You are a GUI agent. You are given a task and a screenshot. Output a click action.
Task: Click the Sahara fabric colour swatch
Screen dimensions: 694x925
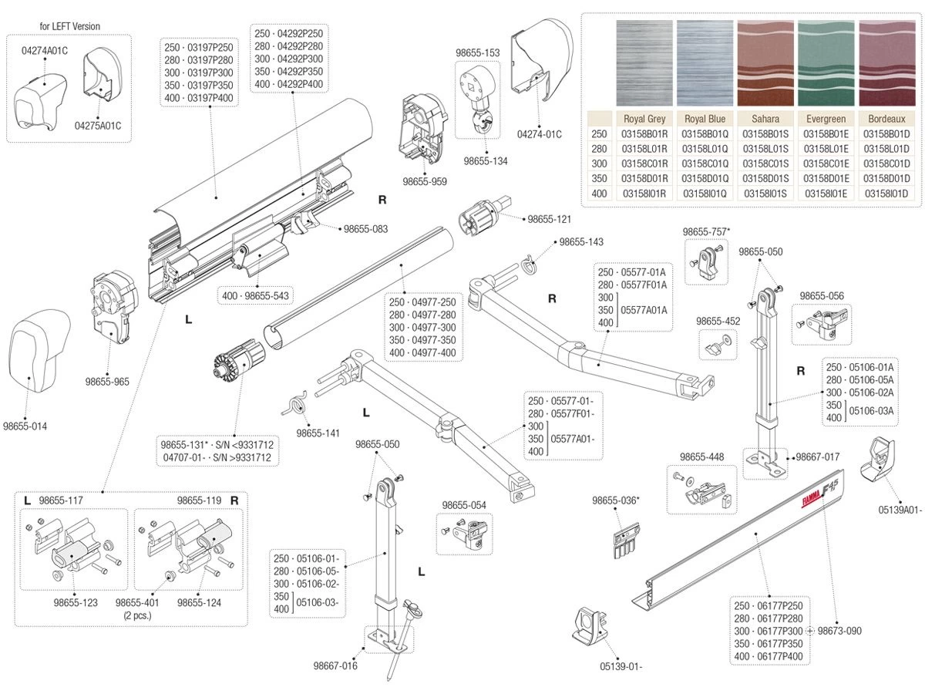(765, 63)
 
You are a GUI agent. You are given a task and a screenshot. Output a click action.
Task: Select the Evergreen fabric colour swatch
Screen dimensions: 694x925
(826, 63)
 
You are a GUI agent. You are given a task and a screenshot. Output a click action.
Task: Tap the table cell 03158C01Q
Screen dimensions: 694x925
(705, 163)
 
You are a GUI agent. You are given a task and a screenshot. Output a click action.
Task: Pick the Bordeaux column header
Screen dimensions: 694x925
(886, 119)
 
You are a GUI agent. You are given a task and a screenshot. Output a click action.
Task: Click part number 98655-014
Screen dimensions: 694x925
(28, 426)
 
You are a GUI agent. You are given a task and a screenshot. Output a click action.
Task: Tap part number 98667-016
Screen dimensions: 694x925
(335, 665)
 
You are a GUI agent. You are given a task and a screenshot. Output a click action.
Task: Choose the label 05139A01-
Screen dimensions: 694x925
(900, 510)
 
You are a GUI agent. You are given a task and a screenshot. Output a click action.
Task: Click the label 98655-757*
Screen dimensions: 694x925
(706, 231)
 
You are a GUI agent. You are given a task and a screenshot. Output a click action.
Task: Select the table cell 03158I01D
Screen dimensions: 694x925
(886, 193)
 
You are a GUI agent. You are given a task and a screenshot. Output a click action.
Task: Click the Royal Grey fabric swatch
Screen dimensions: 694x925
(644, 63)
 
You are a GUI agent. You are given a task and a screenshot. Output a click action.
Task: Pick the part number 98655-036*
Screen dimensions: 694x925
(616, 500)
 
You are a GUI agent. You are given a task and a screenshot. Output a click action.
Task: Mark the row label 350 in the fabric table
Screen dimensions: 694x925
(599, 178)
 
